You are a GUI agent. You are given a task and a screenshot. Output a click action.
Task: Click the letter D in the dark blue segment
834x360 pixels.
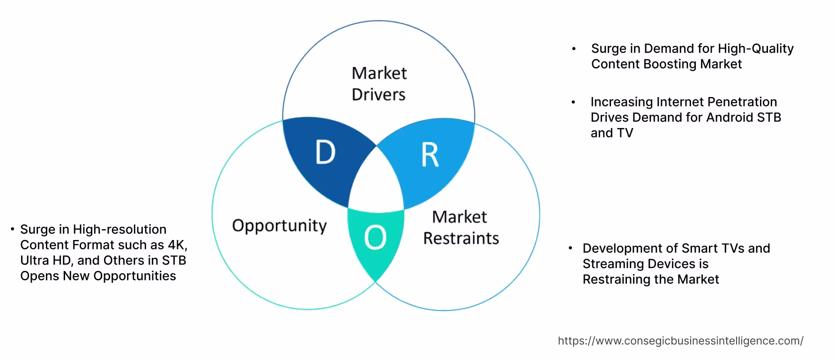tap(326, 152)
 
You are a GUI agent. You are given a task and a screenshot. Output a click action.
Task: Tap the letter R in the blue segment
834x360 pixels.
tap(430, 155)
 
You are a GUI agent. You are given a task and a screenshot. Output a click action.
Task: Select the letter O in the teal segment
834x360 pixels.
tap(375, 237)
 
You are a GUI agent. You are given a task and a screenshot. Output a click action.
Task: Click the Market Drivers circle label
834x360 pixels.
tap(379, 83)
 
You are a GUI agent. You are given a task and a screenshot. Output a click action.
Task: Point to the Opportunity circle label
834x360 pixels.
tap(279, 225)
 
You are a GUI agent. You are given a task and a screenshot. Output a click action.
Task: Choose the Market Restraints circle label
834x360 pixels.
tap(461, 227)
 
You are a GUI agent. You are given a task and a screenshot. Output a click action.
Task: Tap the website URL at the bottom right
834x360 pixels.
tap(680, 341)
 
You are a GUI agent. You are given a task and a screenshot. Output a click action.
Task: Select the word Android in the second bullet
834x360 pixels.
tap(729, 117)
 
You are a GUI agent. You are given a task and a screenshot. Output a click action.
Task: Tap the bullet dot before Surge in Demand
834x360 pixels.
tap(573, 49)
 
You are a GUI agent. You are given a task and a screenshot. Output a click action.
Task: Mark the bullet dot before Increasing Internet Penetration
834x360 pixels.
tap(573, 102)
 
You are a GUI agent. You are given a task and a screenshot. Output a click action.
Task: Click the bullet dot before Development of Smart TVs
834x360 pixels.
tap(570, 248)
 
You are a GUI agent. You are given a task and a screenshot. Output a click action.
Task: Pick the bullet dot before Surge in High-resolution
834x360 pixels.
tap(12, 229)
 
